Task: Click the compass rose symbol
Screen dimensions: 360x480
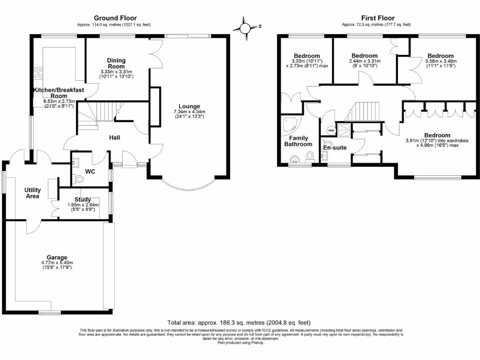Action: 245,28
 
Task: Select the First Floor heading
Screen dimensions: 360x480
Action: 378,18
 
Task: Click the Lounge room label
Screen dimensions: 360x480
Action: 189,106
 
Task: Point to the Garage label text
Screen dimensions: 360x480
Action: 57,257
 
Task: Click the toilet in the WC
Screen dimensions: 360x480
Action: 79,179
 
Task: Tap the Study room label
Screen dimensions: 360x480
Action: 83,200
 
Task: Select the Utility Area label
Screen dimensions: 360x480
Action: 33,193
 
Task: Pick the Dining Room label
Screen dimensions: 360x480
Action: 116,63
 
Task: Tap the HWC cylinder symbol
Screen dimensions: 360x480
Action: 331,130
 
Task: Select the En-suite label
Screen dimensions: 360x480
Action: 335,148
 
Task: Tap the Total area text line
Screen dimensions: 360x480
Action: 239,322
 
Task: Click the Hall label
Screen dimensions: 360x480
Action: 114,138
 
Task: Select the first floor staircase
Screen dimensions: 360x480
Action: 366,112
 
